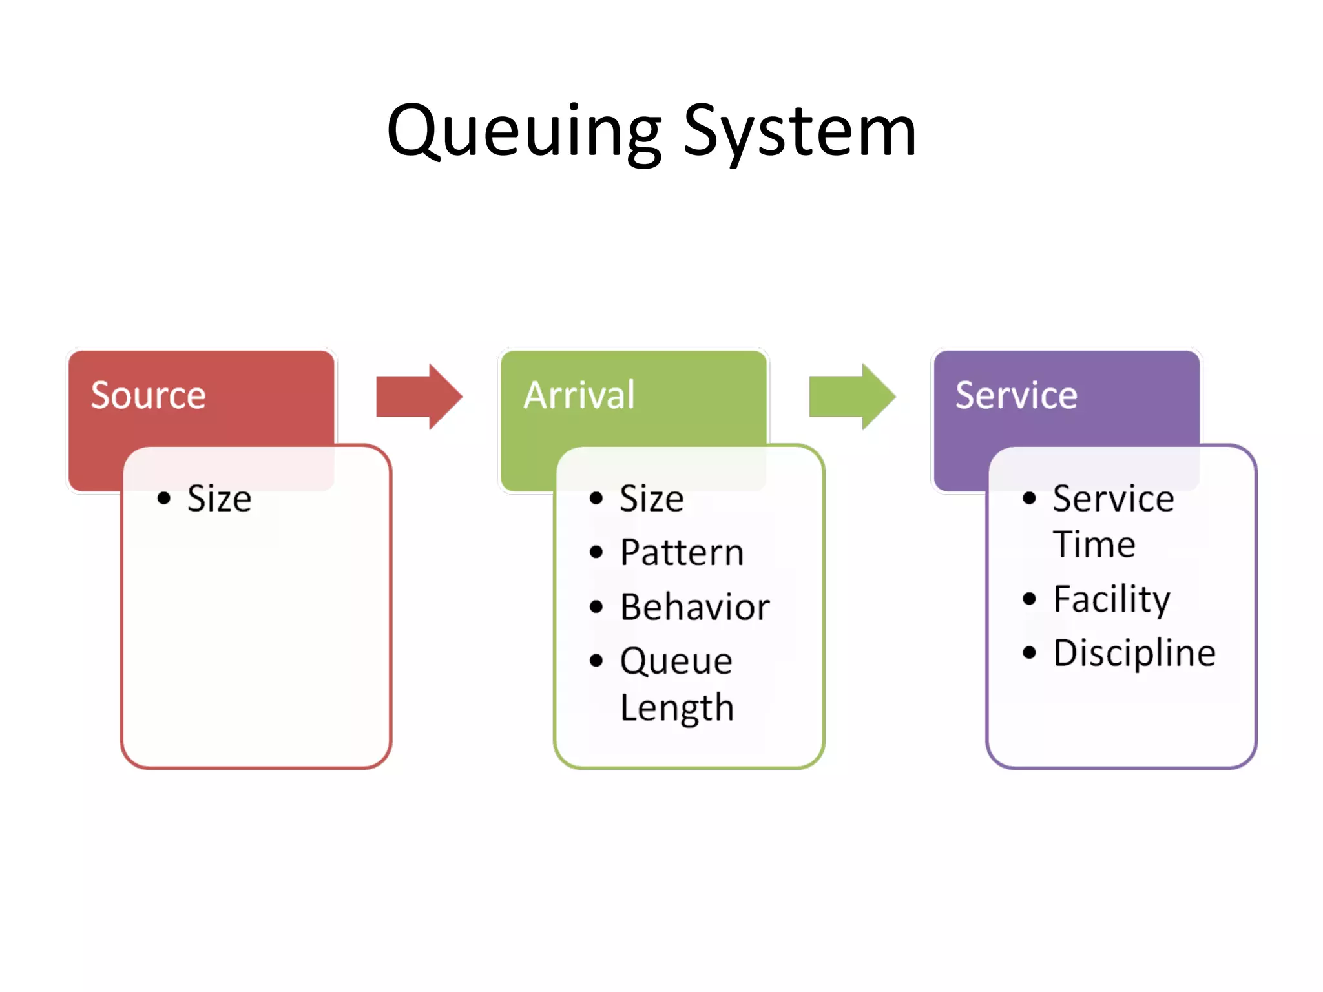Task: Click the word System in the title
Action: click(800, 132)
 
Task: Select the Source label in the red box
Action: click(148, 395)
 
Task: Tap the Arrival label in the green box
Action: click(579, 395)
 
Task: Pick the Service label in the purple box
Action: click(1016, 395)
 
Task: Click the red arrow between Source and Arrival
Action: click(419, 397)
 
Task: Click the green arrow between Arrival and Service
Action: click(852, 397)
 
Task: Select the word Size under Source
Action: click(219, 499)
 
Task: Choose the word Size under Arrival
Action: click(651, 499)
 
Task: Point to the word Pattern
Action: click(682, 553)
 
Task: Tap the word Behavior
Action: click(694, 607)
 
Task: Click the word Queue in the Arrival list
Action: click(676, 661)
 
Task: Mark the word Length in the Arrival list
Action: click(676, 708)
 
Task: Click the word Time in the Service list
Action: click(1094, 544)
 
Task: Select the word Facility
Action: click(1111, 599)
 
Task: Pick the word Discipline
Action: click(1134, 653)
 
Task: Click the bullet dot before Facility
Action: click(1029, 599)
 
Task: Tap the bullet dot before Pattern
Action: click(596, 552)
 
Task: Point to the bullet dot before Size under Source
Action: click(164, 498)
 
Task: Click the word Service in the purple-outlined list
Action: click(1113, 499)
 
